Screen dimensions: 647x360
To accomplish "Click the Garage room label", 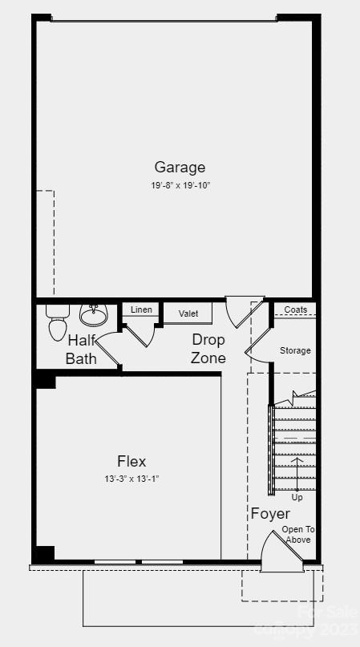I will click(x=180, y=167).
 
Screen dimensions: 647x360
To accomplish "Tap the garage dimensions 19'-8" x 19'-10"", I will click(x=180, y=185).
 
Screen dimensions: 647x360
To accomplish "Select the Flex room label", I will click(x=131, y=461).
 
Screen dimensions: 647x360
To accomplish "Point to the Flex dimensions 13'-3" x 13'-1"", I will click(x=131, y=479).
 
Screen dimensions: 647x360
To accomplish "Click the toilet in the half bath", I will click(x=58, y=323).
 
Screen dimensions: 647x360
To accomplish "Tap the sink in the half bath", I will click(x=94, y=312).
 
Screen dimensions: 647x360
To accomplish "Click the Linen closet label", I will click(x=141, y=309).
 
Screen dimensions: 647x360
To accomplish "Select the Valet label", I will click(x=188, y=313).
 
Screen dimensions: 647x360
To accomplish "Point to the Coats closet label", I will click(x=295, y=309).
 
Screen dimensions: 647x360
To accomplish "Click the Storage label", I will click(x=295, y=350).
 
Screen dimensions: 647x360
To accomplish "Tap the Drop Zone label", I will click(x=208, y=349).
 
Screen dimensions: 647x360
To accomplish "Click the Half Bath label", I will click(x=81, y=349).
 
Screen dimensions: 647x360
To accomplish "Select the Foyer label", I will click(x=270, y=513).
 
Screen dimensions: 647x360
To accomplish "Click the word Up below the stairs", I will click(x=297, y=497).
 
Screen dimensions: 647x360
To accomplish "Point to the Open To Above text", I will click(x=298, y=535).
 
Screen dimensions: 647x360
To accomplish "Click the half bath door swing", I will click(x=109, y=353).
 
